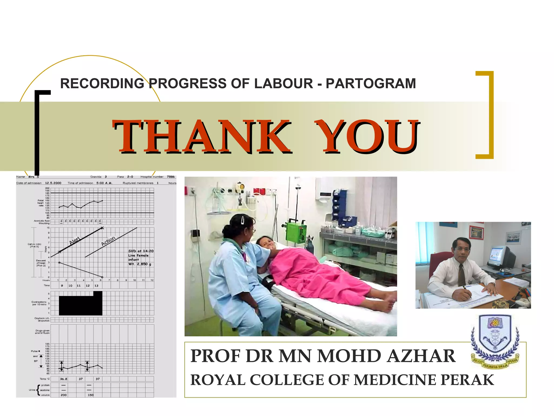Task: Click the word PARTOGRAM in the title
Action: click(x=371, y=83)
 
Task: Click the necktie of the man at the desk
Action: click(x=461, y=275)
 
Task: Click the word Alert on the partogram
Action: click(x=75, y=240)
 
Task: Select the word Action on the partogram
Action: click(x=108, y=241)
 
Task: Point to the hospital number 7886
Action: click(x=171, y=177)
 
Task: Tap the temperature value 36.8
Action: click(x=64, y=379)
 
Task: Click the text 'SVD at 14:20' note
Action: click(x=141, y=251)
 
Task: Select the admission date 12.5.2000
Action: click(x=53, y=183)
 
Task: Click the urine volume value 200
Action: click(x=64, y=395)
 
